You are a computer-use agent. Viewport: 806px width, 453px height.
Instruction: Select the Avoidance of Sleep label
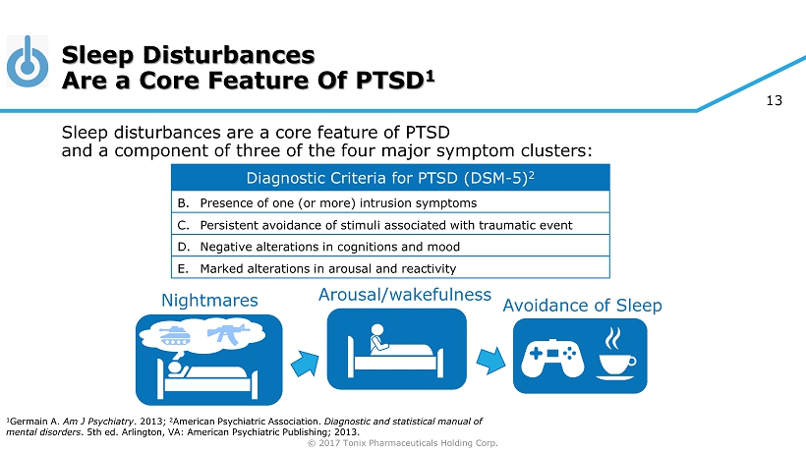pos(582,306)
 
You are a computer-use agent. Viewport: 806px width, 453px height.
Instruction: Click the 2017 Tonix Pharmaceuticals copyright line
pos(402,443)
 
